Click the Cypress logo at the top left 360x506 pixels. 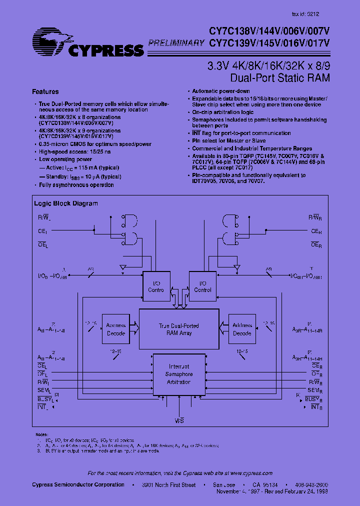click(x=87, y=44)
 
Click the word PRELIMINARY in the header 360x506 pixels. click(x=176, y=43)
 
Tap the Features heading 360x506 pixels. click(x=45, y=92)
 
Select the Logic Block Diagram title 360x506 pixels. click(x=66, y=203)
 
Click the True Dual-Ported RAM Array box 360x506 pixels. click(x=178, y=329)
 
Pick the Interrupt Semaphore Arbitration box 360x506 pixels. click(x=178, y=374)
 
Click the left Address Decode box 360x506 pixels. click(x=116, y=329)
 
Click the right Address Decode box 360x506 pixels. click(x=242, y=329)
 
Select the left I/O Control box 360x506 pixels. click(x=156, y=286)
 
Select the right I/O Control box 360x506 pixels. click(x=202, y=286)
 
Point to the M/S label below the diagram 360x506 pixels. click(x=179, y=421)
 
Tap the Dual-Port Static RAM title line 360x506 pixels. click(x=280, y=78)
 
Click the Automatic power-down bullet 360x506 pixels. click(x=221, y=91)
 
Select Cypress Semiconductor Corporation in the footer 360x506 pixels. click(x=78, y=485)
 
